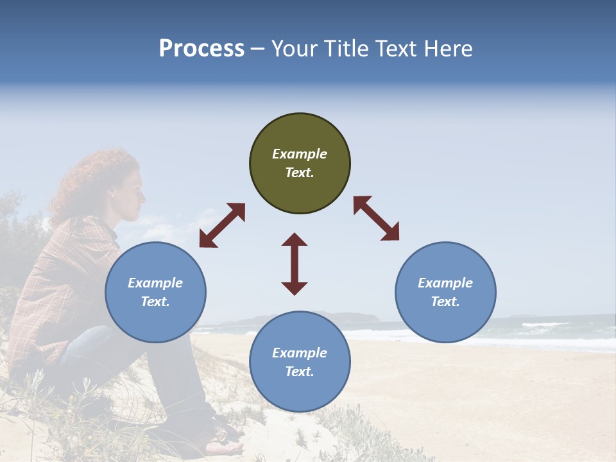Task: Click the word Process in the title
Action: tap(201, 49)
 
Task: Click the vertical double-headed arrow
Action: tap(295, 264)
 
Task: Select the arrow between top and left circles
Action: tap(222, 225)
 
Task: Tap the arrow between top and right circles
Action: tap(376, 218)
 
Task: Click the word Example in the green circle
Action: tap(300, 154)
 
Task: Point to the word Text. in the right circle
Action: tap(445, 302)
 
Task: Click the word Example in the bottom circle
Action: tap(300, 353)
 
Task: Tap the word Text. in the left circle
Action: tap(155, 302)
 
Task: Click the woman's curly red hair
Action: tap(90, 180)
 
